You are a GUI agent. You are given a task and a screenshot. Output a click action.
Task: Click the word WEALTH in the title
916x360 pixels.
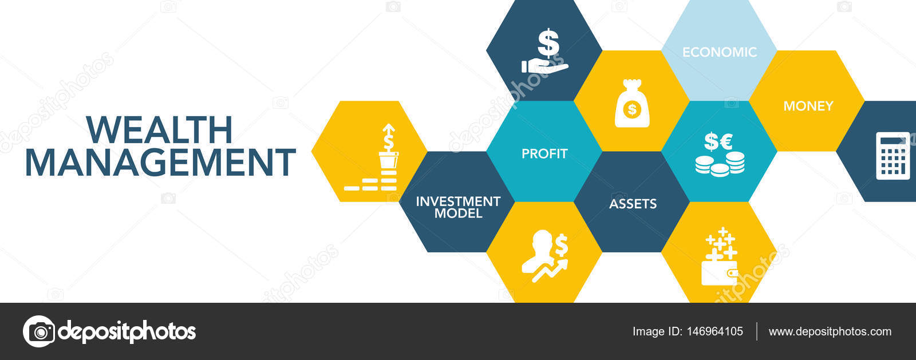[160, 130]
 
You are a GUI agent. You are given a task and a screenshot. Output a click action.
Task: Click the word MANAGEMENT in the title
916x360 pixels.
[160, 162]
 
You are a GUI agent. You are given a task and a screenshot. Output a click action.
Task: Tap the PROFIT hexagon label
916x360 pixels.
[544, 153]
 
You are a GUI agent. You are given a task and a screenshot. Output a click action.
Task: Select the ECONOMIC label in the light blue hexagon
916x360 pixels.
[719, 52]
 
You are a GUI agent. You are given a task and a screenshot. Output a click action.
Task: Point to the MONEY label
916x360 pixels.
[808, 106]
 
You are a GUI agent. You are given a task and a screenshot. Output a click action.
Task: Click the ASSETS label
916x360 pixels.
[633, 204]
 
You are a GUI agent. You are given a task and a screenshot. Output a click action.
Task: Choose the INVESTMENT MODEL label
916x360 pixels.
[458, 207]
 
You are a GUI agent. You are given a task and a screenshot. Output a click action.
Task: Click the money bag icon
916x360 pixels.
[632, 104]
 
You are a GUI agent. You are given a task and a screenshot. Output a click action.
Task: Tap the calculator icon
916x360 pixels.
[893, 156]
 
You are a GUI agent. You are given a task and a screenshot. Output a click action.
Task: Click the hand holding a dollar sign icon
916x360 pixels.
[545, 51]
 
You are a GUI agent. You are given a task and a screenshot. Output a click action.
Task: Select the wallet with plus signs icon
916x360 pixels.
[720, 256]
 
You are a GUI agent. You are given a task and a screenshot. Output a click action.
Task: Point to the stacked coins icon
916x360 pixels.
[720, 164]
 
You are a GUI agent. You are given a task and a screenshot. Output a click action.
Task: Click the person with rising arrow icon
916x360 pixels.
[545, 256]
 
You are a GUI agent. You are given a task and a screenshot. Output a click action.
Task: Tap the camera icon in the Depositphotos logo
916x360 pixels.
[40, 331]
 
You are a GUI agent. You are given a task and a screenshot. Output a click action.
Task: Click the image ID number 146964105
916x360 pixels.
[715, 331]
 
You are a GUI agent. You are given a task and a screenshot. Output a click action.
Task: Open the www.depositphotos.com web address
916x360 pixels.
[830, 331]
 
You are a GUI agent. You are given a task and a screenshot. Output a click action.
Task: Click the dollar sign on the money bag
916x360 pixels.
[632, 109]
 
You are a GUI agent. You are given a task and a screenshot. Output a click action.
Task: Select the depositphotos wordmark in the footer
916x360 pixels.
[127, 332]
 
